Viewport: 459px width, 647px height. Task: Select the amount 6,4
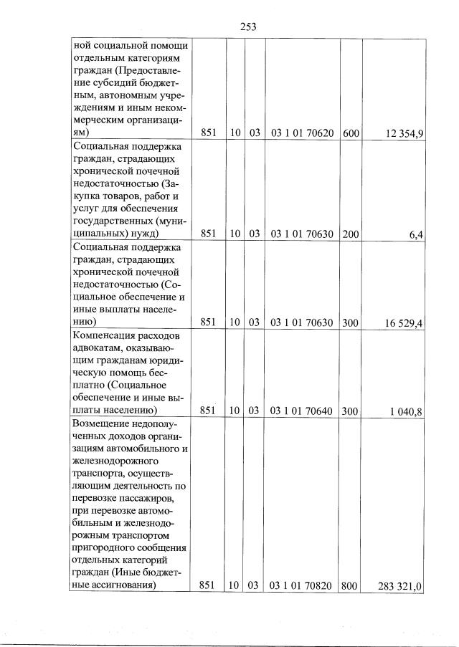(416, 234)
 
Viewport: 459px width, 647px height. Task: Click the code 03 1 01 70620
(301, 133)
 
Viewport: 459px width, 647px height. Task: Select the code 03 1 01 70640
(301, 411)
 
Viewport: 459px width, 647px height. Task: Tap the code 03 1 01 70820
(301, 586)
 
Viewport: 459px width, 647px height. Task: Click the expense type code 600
(351, 133)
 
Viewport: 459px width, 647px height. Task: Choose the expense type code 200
(351, 234)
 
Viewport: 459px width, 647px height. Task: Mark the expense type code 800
(351, 586)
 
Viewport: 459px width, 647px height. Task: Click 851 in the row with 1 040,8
(209, 411)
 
